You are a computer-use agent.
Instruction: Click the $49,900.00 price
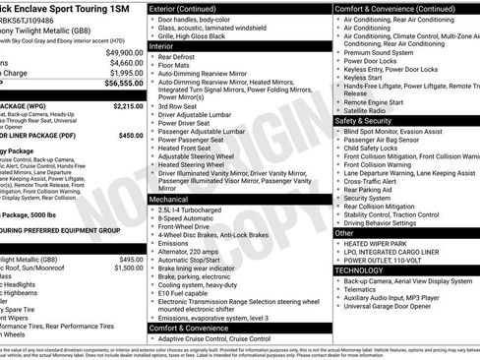point(124,52)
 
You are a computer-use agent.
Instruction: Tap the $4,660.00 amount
point(126,62)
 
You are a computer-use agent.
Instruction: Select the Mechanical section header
point(174,198)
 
